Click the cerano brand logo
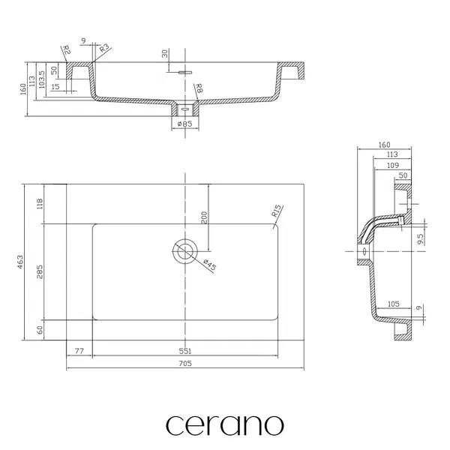tap(225, 424)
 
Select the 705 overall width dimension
tap(185, 363)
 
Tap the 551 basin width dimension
tap(185, 351)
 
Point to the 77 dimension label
tap(79, 351)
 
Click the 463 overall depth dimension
tap(20, 262)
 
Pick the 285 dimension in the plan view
tap(40, 271)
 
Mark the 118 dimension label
tap(40, 203)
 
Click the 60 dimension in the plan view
tap(40, 330)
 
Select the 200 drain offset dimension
tap(204, 217)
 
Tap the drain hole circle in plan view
tap(185, 251)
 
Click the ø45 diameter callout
tap(209, 265)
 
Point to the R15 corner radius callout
tap(277, 211)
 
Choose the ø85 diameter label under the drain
tap(185, 124)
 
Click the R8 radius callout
tap(199, 88)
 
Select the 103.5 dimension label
tap(42, 79)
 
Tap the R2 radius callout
tap(67, 50)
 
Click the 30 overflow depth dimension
tap(165, 54)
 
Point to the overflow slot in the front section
tap(185, 72)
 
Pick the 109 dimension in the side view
tap(393, 165)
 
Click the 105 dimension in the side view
tap(394, 304)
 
